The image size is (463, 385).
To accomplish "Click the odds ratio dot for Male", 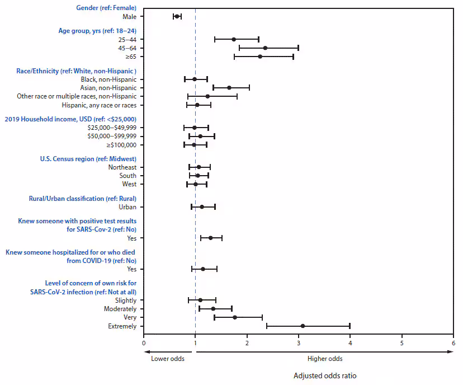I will pos(177,17).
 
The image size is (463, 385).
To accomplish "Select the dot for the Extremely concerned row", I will pos(303,326).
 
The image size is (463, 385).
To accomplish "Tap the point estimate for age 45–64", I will pos(265,48).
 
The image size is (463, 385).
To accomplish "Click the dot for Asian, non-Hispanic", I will pos(229,88).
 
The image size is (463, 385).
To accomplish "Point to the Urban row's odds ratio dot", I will pos(202,207).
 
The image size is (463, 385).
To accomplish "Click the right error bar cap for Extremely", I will pos(349,326).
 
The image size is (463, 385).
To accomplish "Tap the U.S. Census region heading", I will pos(88,159).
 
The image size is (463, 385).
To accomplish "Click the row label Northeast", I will pos(122,167).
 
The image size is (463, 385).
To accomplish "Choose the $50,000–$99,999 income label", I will pos(112,137).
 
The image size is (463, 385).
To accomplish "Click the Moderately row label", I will pos(120,309).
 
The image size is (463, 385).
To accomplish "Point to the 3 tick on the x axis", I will pos(299,343).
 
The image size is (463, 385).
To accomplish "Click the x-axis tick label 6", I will pos(453,343).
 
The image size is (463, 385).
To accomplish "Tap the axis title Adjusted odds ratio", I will pos(324,375).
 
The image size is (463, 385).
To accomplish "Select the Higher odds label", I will pos(325,359).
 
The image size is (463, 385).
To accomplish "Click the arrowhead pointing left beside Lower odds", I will pos(146,351).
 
